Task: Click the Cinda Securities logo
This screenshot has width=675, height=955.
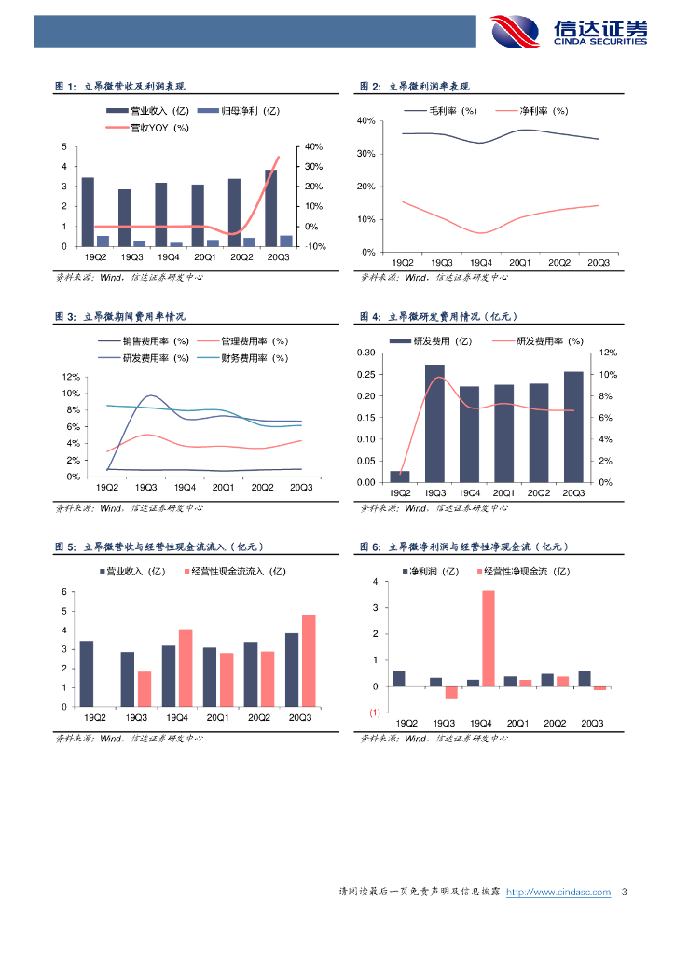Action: coord(570,31)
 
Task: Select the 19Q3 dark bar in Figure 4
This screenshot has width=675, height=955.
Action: coord(434,422)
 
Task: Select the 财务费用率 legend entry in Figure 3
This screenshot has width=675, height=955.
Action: coord(255,357)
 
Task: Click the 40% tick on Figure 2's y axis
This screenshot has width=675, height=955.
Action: coord(365,121)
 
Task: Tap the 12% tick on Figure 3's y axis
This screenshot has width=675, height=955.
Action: coord(71,377)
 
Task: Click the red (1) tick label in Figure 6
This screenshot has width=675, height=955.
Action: coord(374,713)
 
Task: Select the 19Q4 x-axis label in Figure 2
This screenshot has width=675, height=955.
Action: coord(481,263)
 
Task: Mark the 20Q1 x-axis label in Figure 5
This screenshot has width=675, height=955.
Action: coord(217,717)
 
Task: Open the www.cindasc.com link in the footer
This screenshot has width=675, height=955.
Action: coord(558,892)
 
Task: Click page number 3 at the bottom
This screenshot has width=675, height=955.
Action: coord(624,892)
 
